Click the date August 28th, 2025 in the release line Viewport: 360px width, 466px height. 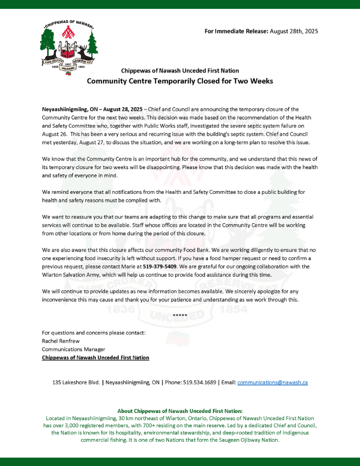tap(294, 31)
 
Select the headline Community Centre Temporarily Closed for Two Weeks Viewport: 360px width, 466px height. tap(180, 81)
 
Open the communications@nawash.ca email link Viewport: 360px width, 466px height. tap(272, 383)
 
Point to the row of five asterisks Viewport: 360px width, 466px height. tap(180, 315)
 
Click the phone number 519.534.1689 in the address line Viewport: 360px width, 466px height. tap(200, 383)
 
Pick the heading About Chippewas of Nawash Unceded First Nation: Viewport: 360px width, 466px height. tap(180, 411)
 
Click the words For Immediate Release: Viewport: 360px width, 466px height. tap(237, 31)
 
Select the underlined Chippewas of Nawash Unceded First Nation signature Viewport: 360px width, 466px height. tap(95, 357)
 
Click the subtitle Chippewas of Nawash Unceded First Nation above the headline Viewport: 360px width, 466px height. tap(180, 71)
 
